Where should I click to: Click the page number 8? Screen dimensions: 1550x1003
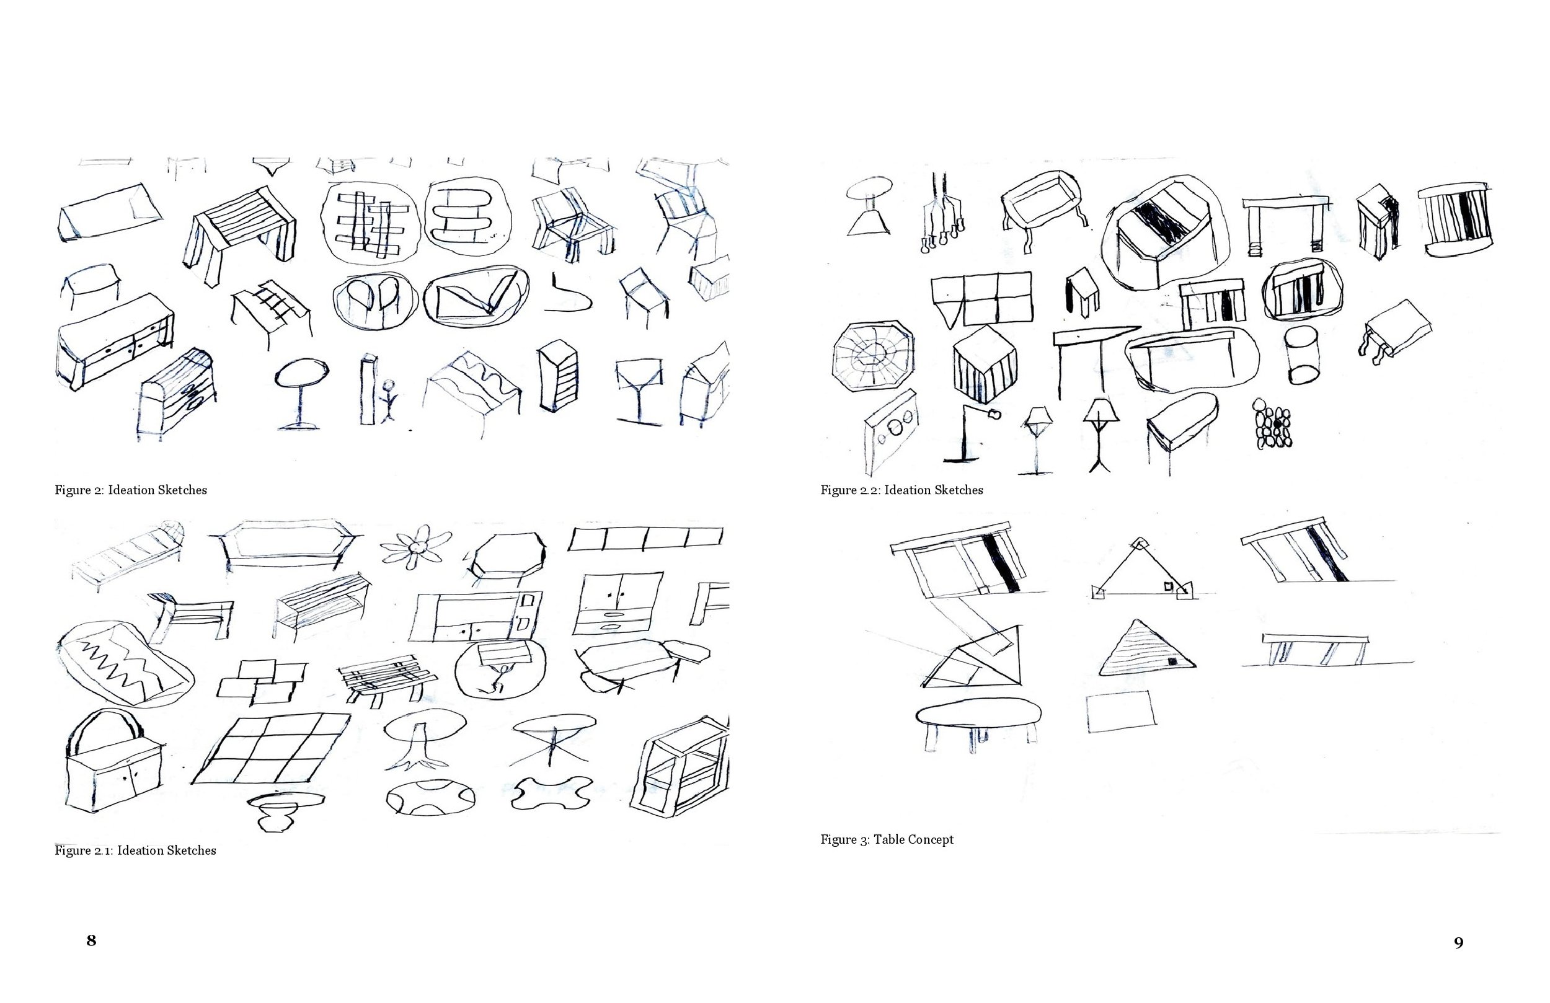tap(91, 940)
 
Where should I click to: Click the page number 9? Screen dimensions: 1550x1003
tap(1459, 943)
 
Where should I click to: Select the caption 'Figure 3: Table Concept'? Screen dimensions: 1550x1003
tap(887, 839)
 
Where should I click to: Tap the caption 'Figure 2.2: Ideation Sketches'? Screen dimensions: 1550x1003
tap(902, 490)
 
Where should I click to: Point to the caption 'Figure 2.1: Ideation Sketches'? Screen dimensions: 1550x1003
tap(135, 850)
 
